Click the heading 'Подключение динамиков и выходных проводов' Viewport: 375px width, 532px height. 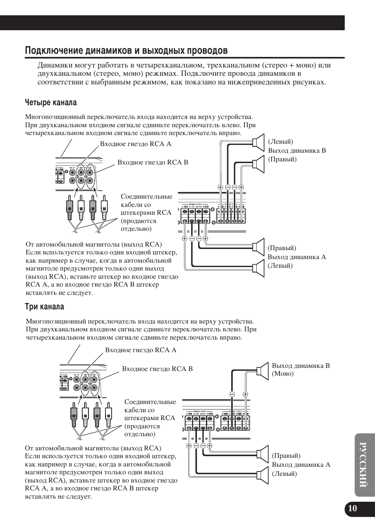click(126, 51)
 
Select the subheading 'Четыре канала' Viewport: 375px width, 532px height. click(51, 102)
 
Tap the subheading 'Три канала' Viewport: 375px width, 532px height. click(44, 306)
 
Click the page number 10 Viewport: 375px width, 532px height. click(353, 508)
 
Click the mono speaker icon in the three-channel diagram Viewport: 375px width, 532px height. click(263, 371)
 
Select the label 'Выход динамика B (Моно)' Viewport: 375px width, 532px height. click(300, 369)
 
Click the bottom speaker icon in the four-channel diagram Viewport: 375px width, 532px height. click(258, 268)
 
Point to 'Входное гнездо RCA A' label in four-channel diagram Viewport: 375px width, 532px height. click(136, 144)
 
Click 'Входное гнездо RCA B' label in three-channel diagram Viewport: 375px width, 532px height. click(157, 369)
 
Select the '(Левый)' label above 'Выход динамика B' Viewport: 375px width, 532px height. click(281, 142)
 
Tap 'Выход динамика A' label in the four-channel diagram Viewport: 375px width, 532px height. click(297, 257)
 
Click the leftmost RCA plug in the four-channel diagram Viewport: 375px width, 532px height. click(69, 207)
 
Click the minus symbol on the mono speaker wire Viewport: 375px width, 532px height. click(232, 394)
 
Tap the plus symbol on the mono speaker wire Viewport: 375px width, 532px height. click(245, 394)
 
